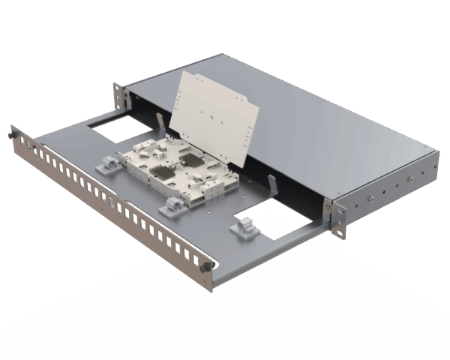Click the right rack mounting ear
coord(339,217)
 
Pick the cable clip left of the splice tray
coord(107,163)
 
